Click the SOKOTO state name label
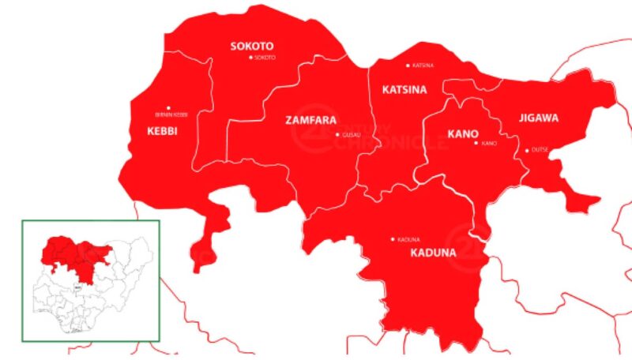252,46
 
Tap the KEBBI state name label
161,130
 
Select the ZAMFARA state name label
310,121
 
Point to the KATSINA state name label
404,90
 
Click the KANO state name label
462,133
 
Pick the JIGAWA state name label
539,118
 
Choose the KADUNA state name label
433,253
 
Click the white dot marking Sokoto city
251,58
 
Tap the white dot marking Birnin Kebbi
167,108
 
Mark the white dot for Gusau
337,135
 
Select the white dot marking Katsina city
408,66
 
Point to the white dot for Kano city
476,143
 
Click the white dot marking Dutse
527,150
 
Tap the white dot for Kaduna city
393,239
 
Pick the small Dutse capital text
540,150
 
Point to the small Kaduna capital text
408,239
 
